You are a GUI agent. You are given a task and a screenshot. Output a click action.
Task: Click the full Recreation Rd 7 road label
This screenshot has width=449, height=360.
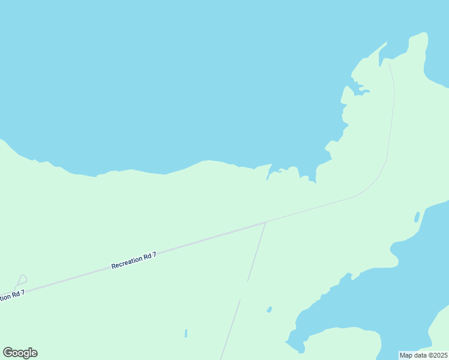pos(134,260)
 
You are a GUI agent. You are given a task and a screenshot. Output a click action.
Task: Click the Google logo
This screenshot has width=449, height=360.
pos(20,353)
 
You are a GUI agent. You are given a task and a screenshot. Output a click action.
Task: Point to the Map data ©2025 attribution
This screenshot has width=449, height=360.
pos(423,355)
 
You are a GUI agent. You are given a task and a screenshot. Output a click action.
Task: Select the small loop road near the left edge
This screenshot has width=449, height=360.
pos(21,280)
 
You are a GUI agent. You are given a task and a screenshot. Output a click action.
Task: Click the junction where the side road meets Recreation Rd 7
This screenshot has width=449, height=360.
pos(265,222)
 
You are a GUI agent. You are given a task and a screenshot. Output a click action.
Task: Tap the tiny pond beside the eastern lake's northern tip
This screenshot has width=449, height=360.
pos(417,217)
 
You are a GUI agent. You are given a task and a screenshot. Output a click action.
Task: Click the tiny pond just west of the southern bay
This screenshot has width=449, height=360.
pos(270,310)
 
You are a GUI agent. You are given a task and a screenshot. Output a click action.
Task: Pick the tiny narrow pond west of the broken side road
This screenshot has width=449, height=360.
pos(186,333)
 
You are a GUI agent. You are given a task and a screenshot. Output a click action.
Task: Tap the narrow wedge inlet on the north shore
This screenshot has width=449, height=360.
pos(269,173)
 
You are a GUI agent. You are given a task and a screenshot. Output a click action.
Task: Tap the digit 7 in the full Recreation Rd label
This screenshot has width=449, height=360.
pos(154,254)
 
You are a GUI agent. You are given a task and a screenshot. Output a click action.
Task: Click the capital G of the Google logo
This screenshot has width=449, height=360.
pos(8,353)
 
